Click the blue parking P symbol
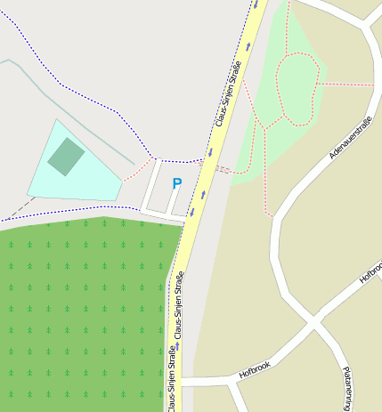click(x=176, y=183)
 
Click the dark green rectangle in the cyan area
click(x=66, y=157)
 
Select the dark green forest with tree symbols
click(x=85, y=311)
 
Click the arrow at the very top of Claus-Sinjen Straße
click(x=256, y=4)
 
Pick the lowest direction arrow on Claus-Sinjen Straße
click(x=176, y=345)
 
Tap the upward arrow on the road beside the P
click(x=203, y=195)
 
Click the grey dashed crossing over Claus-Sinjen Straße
click(x=224, y=168)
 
